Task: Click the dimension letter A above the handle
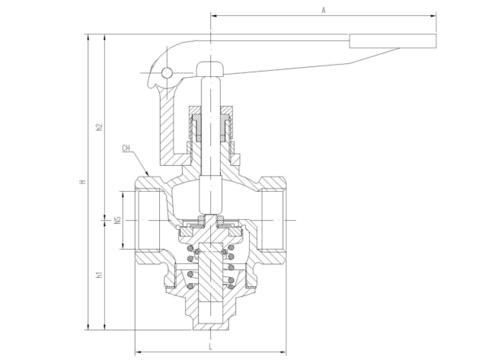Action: pos(324,11)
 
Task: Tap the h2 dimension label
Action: pos(98,126)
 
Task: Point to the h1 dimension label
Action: pos(98,275)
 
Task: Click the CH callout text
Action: pos(126,148)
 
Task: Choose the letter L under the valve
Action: pos(210,347)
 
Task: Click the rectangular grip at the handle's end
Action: pos(393,40)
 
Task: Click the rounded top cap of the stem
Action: pos(209,68)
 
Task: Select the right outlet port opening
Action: pos(272,219)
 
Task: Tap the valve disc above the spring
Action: pos(209,224)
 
